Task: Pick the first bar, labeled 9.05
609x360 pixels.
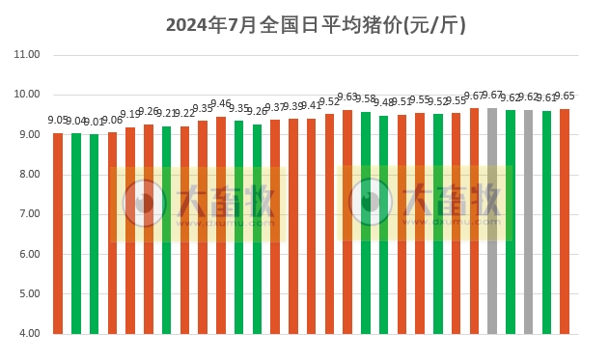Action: pyautogui.click(x=58, y=232)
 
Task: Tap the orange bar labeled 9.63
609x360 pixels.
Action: pyautogui.click(x=347, y=221)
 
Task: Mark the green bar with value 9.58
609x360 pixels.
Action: pyautogui.click(x=366, y=222)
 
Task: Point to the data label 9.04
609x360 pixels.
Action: pyautogui.click(x=76, y=122)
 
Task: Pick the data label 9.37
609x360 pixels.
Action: pyautogui.click(x=276, y=107)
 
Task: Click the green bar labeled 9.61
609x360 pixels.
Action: pyautogui.click(x=547, y=221)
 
